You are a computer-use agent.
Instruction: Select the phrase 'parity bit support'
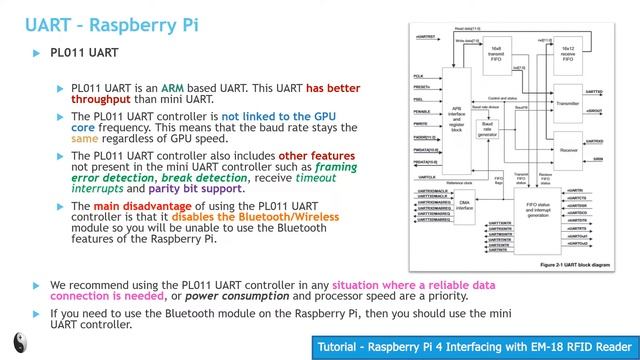(x=201, y=189)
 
